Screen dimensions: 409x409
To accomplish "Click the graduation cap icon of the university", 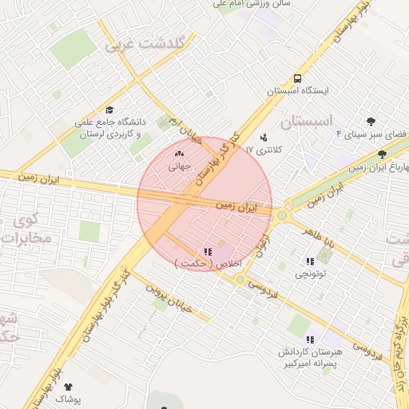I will (109, 111).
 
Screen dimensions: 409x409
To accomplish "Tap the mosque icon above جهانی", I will (178, 154).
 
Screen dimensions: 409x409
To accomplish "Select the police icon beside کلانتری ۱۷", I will (264, 137).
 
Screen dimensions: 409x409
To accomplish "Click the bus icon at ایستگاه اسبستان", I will (297, 79).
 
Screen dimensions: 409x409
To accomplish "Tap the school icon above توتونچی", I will (309, 261).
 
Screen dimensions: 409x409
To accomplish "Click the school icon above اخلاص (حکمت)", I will (209, 252).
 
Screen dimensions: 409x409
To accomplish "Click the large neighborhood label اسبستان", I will (307, 121).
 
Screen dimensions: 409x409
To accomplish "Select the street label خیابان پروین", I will (165, 296).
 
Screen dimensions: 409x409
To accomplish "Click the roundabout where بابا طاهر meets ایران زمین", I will (281, 214).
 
